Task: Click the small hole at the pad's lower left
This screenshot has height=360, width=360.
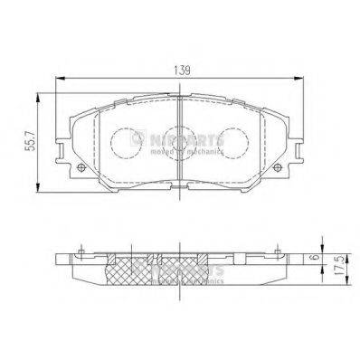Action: (x=83, y=172)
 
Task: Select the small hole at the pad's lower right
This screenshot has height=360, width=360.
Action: (x=278, y=172)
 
